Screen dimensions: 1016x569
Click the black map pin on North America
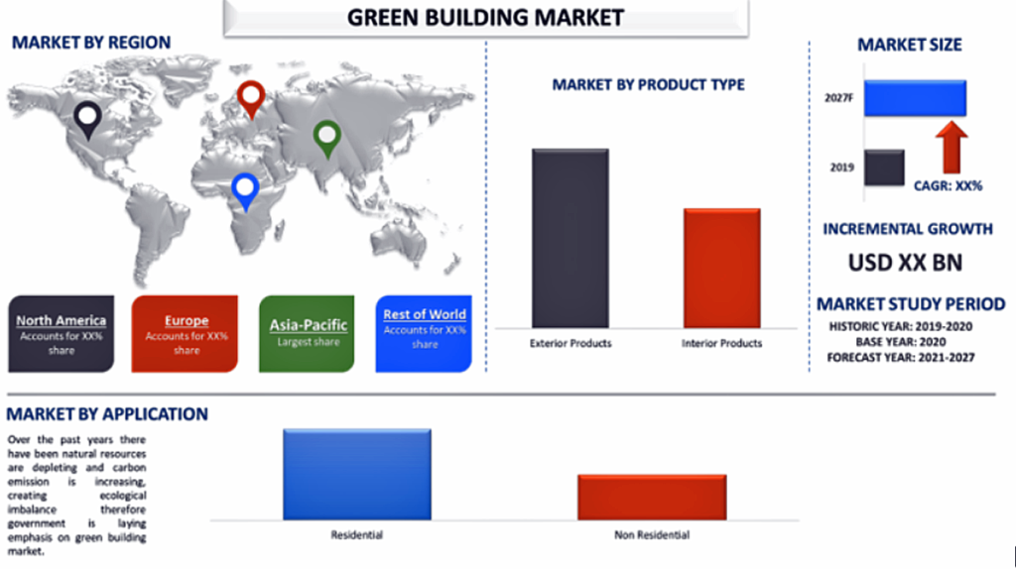pyautogui.click(x=87, y=120)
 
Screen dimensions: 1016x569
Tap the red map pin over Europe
pyautogui.click(x=251, y=99)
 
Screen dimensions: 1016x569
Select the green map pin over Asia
pyautogui.click(x=327, y=139)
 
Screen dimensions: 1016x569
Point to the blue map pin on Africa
pyautogui.click(x=246, y=191)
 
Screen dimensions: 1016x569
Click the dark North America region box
pyautogui.click(x=61, y=333)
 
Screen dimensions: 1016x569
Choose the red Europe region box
pyautogui.click(x=185, y=333)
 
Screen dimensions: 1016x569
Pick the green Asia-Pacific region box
pyautogui.click(x=307, y=333)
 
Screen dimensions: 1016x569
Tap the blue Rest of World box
pyautogui.click(x=424, y=333)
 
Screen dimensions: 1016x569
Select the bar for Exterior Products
pyautogui.click(x=571, y=238)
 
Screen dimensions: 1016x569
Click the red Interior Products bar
pyautogui.click(x=722, y=268)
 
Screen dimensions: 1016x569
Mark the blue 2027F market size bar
pyautogui.click(x=915, y=98)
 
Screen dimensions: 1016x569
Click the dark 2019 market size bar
pyautogui.click(x=884, y=168)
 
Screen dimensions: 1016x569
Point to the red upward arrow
pyautogui.click(x=952, y=148)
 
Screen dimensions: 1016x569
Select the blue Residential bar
pyautogui.click(x=357, y=475)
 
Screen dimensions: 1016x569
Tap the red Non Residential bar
pyautogui.click(x=653, y=498)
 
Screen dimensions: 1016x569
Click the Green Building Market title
pyautogui.click(x=486, y=18)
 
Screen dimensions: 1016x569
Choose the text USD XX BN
pyautogui.click(x=905, y=262)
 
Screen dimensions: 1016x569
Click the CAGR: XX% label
pyautogui.click(x=948, y=185)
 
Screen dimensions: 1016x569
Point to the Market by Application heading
pyautogui.click(x=107, y=413)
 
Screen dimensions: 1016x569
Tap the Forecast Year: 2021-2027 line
pyautogui.click(x=901, y=357)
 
